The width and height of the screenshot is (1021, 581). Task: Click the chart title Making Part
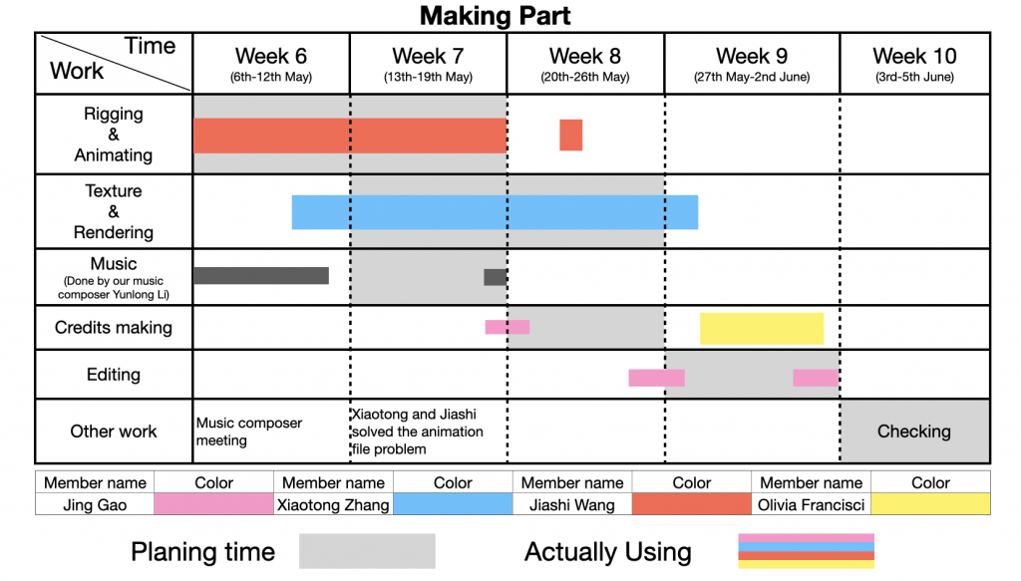(x=495, y=16)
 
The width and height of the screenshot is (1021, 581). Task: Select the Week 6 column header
(x=271, y=63)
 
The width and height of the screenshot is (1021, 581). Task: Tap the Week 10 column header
(x=914, y=63)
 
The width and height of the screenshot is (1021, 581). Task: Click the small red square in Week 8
(x=571, y=135)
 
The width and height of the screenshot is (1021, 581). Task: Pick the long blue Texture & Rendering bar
(x=495, y=212)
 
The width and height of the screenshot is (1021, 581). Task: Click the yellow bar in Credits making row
(x=762, y=329)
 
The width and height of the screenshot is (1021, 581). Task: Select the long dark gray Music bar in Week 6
(x=261, y=276)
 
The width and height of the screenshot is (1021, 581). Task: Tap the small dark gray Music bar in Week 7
(x=495, y=277)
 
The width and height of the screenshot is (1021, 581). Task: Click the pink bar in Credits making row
(x=508, y=327)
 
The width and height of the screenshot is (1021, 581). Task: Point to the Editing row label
(x=114, y=375)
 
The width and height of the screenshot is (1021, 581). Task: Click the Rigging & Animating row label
(x=114, y=134)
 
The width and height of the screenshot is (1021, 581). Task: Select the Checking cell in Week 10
(x=914, y=432)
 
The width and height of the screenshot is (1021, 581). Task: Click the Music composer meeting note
(x=248, y=432)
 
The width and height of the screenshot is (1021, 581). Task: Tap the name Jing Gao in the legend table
(x=95, y=505)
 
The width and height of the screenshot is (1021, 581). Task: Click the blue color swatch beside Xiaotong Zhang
(x=453, y=504)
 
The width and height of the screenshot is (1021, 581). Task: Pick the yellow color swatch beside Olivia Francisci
(x=930, y=504)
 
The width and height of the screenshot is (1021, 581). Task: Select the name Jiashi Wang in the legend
(x=571, y=505)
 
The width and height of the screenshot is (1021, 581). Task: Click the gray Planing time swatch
(x=367, y=551)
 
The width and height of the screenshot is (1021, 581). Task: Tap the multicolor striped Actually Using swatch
(x=806, y=551)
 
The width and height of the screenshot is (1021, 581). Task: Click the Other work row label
(x=114, y=432)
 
